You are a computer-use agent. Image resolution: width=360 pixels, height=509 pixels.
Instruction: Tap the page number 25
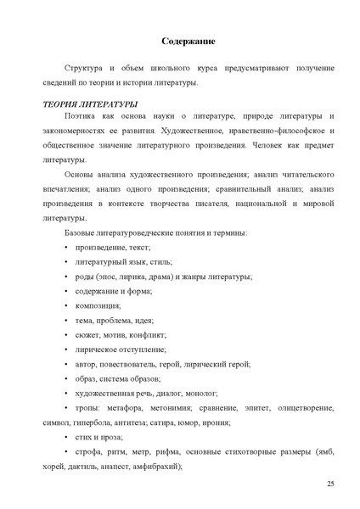pyautogui.click(x=330, y=483)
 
